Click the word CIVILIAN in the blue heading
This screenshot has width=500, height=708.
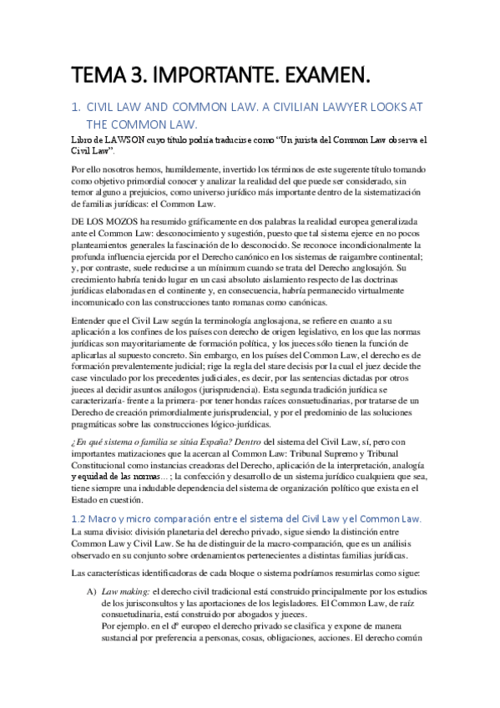click(x=320, y=108)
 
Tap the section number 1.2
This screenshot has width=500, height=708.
click(x=80, y=518)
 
